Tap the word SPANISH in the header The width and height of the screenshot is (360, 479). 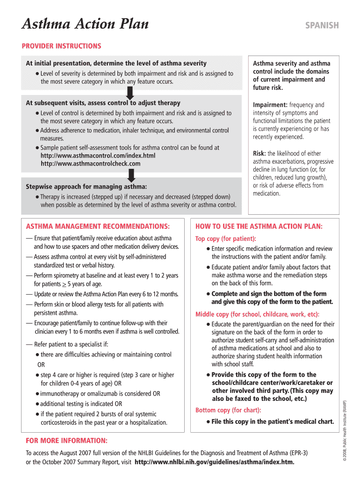click(x=322, y=26)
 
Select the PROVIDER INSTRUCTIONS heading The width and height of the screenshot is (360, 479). click(x=61, y=46)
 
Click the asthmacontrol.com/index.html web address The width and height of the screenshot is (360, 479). click(x=98, y=155)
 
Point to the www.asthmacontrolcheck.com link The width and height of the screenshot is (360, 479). click(x=90, y=164)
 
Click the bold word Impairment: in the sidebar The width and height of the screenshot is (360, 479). click(x=270, y=105)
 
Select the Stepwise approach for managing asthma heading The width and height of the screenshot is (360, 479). click(x=86, y=186)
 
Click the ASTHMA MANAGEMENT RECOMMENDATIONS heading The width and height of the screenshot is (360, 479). click(x=98, y=226)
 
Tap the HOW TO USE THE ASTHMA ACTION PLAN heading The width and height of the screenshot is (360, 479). click(x=259, y=226)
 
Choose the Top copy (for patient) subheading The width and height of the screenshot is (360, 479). click(x=225, y=239)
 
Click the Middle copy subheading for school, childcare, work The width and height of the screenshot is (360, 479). click(x=257, y=314)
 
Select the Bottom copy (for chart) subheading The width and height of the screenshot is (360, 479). click(x=228, y=410)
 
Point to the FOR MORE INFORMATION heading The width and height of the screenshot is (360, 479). click(x=66, y=441)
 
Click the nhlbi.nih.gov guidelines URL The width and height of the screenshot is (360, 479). click(x=215, y=462)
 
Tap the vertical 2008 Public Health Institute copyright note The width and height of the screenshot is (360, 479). click(x=345, y=430)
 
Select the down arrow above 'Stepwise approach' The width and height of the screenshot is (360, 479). click(x=131, y=175)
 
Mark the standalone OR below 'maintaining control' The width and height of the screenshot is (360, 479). click(x=41, y=365)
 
